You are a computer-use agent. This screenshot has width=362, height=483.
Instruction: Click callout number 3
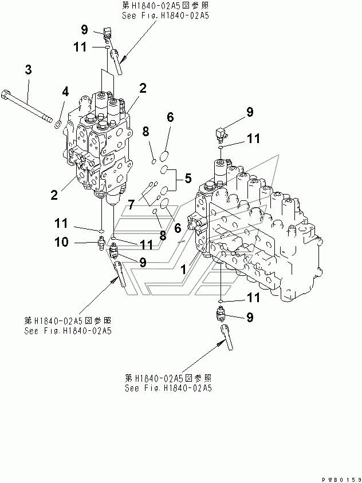[28, 70]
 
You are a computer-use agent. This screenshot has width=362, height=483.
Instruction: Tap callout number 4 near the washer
[65, 91]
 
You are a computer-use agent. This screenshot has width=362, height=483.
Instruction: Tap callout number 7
[132, 203]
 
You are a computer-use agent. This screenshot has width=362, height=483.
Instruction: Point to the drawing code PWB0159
[338, 478]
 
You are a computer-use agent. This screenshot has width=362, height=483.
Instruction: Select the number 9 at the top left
[84, 30]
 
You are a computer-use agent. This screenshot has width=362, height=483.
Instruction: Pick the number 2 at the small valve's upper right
[143, 88]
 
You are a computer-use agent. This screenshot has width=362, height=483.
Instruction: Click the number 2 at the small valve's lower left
[54, 195]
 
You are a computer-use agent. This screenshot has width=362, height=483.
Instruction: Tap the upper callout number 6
[170, 118]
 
